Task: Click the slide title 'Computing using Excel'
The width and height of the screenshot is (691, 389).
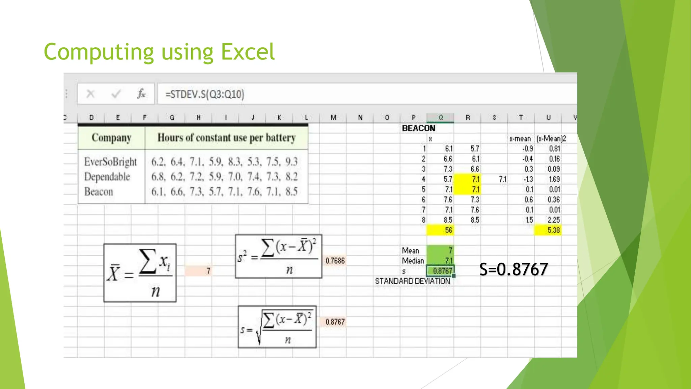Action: pos(159,52)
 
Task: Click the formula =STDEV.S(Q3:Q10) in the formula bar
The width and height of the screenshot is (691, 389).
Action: pos(204,94)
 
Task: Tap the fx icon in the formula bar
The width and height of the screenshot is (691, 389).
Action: pos(141,94)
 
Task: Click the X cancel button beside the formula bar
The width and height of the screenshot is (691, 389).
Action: pos(90,94)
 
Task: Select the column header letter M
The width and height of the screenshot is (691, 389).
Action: pos(333,118)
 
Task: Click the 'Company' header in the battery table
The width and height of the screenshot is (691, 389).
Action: pos(111,138)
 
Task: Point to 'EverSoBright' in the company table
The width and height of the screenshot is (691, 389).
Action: pos(110,162)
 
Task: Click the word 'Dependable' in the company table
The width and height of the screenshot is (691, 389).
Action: pos(107,177)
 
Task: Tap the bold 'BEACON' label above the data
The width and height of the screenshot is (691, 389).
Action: pos(418,128)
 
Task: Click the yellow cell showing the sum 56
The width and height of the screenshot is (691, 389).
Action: pos(440,230)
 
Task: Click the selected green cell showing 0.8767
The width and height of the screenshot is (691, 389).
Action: pos(441,271)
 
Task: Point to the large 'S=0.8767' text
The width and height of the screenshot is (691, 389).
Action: pos(514,269)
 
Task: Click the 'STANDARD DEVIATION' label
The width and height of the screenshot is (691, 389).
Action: pos(413,281)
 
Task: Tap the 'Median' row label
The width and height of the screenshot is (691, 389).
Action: pos(413,261)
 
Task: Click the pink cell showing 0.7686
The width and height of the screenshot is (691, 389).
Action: pos(335,261)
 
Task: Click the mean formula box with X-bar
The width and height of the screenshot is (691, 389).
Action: pos(140,273)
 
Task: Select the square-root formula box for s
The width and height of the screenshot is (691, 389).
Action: pos(277,327)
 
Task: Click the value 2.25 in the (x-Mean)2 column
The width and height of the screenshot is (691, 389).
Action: pos(553,220)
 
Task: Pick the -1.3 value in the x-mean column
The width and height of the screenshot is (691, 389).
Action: pos(528,179)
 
